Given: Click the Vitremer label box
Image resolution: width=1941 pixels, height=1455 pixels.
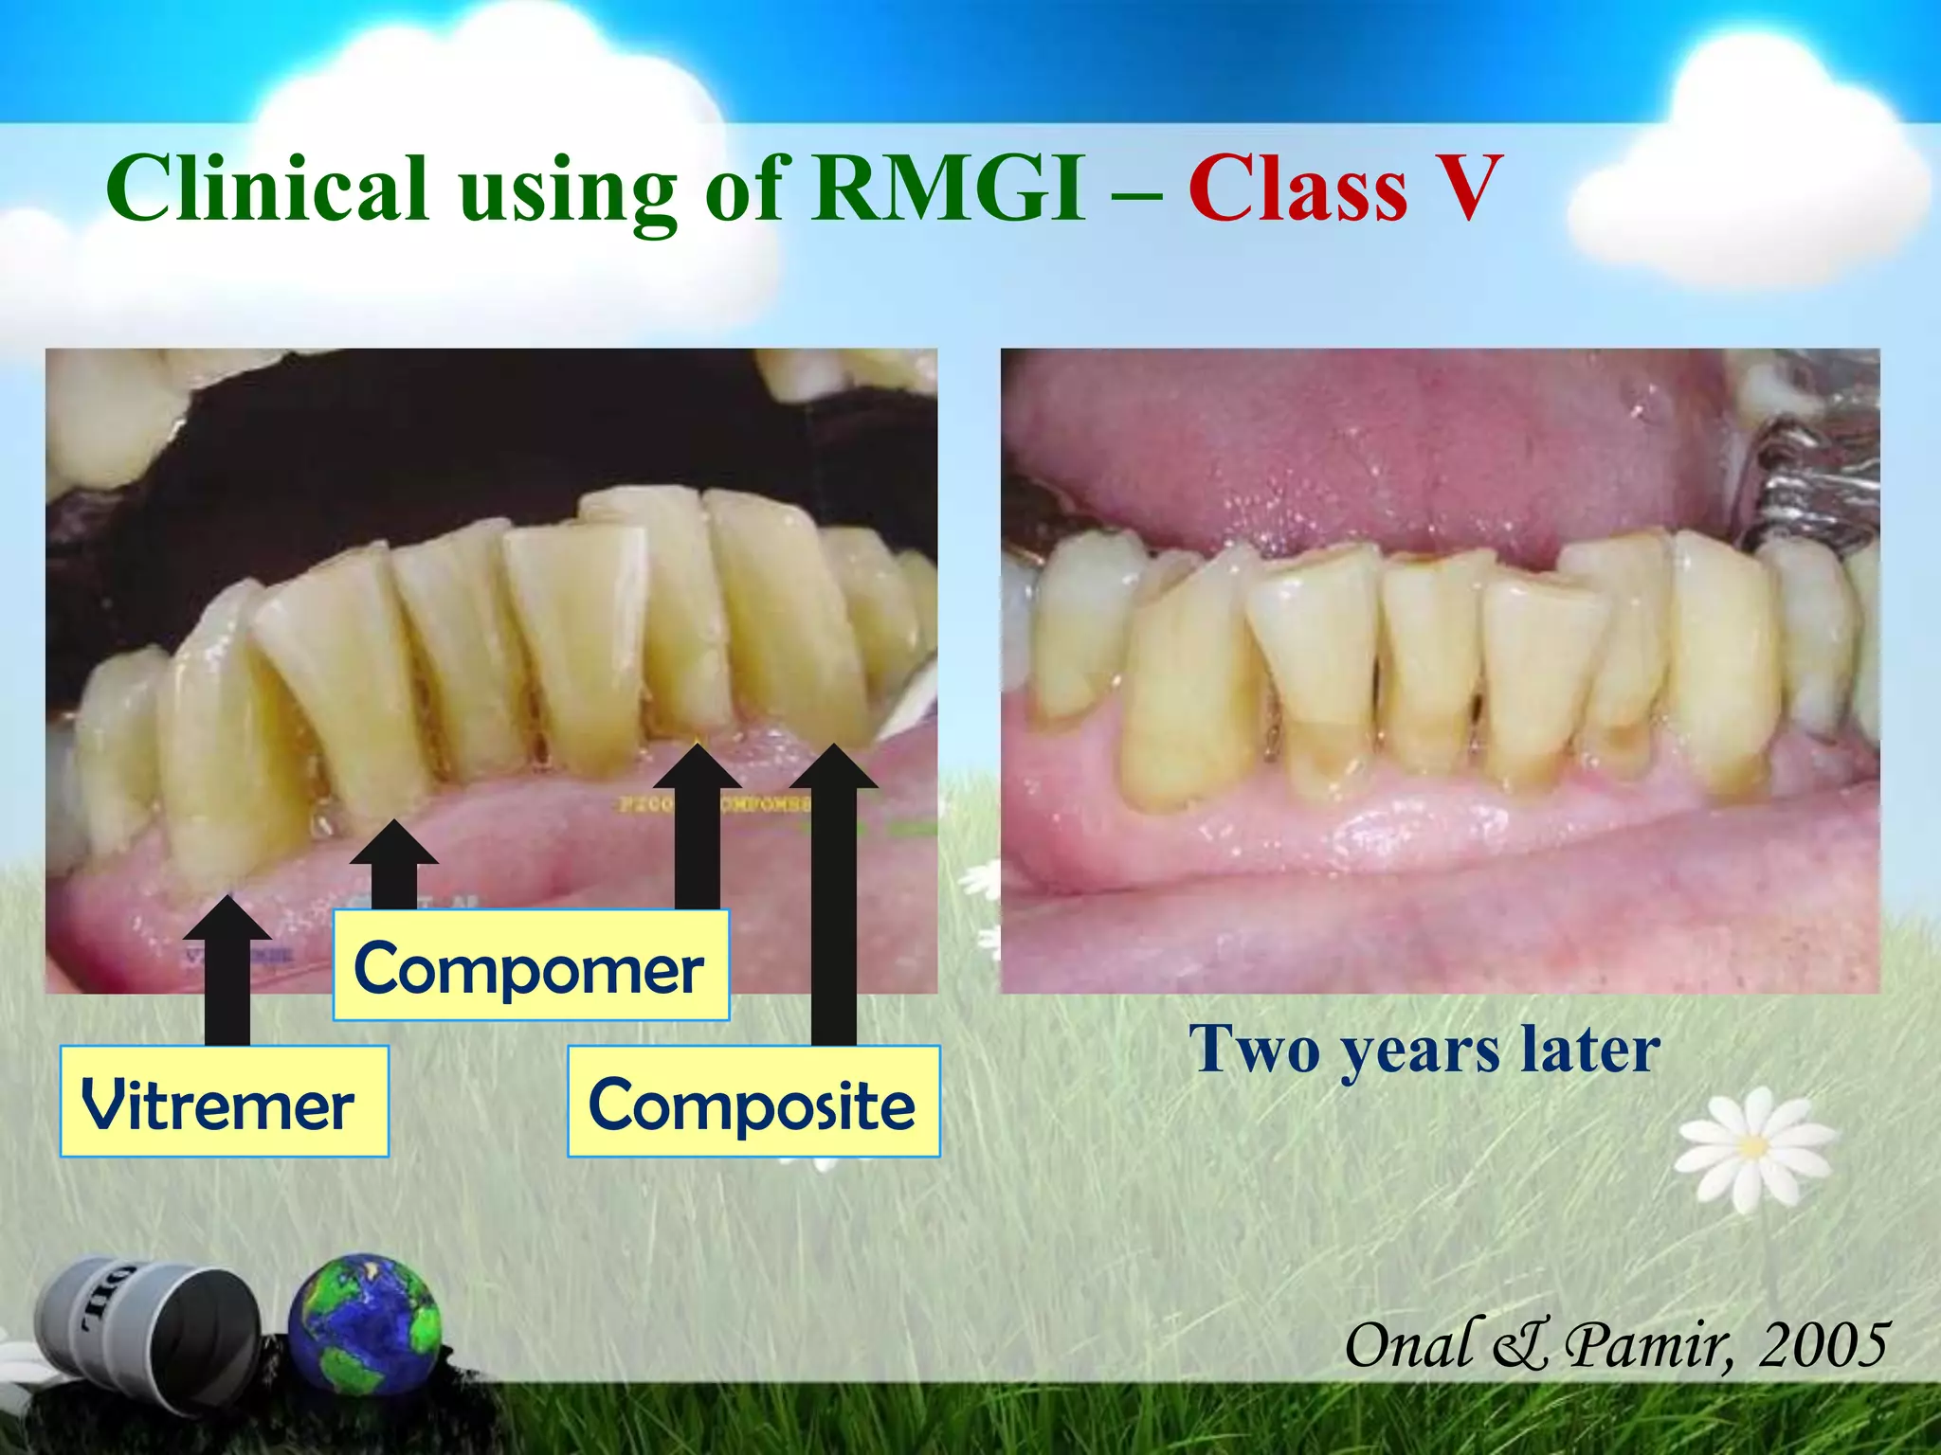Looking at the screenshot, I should coord(224,1102).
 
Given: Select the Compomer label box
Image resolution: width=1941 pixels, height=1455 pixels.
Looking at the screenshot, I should coord(531,966).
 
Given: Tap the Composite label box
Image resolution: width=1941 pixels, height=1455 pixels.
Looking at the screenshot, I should coord(753,1102).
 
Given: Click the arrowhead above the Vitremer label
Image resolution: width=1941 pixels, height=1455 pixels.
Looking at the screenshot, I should coord(227,917).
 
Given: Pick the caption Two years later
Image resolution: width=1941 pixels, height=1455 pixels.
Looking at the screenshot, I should coord(1424,1050).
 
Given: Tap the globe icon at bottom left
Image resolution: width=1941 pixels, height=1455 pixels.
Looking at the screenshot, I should coord(365,1323).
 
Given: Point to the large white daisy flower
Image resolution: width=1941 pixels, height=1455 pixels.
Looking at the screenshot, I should coord(1753,1148).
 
